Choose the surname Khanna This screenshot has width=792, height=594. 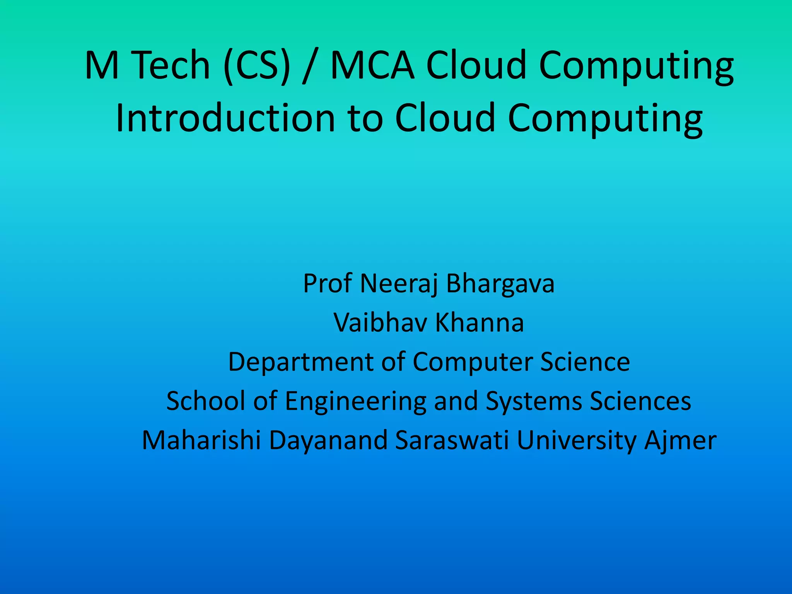(x=480, y=323)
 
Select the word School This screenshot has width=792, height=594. (x=205, y=401)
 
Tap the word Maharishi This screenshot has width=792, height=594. (x=201, y=440)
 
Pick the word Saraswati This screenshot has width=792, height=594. (x=452, y=440)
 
